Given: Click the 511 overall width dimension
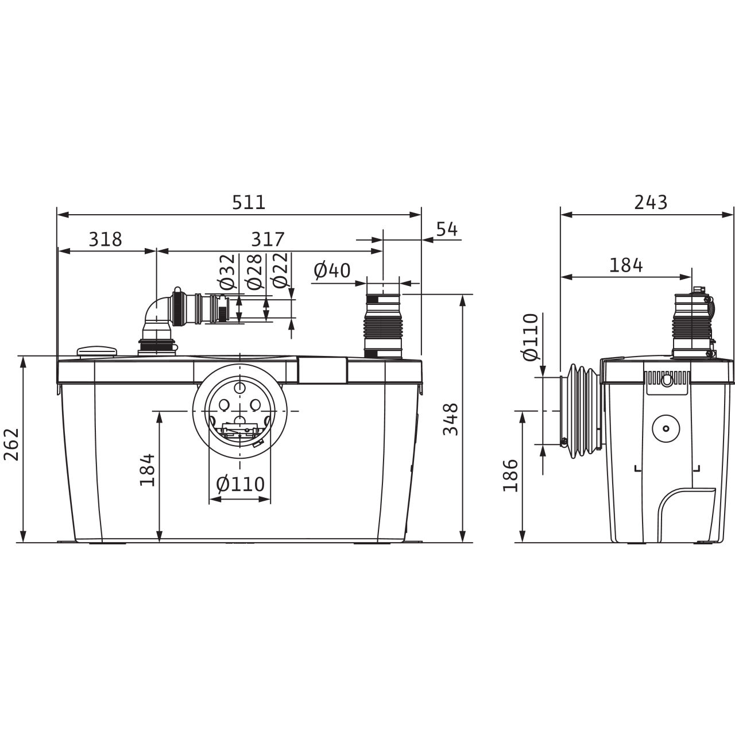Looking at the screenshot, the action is [x=249, y=202].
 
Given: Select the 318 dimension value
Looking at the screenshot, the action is [x=105, y=239].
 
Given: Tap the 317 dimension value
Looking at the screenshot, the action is [x=268, y=239].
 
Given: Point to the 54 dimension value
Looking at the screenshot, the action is [x=447, y=229].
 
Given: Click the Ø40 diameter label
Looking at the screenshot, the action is [x=332, y=271].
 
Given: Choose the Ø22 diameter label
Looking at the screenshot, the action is [x=280, y=270].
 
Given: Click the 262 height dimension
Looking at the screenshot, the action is [x=11, y=444].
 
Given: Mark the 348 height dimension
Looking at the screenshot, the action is [x=450, y=419].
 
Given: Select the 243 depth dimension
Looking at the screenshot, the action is [x=651, y=202].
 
